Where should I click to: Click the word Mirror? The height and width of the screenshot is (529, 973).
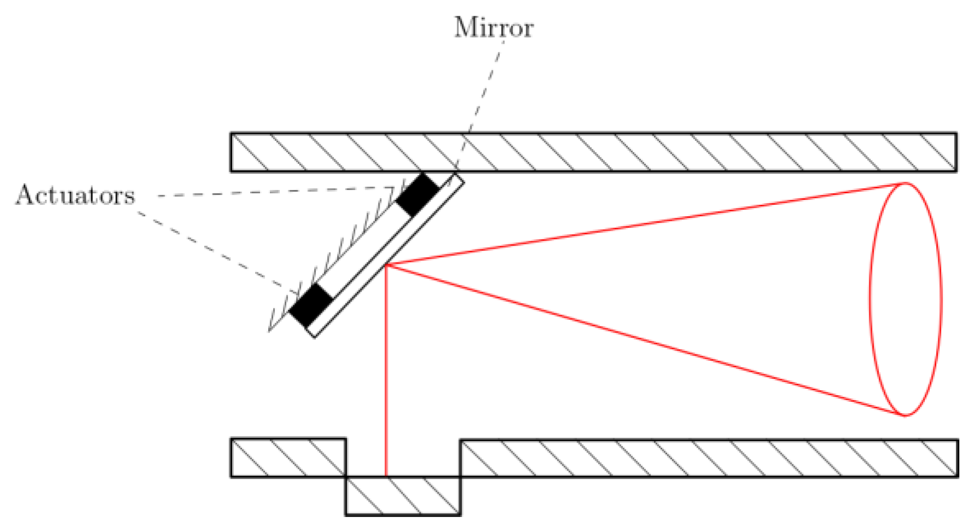(x=493, y=27)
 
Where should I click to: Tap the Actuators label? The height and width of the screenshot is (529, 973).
(x=75, y=195)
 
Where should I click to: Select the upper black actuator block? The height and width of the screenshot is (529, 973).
(x=418, y=194)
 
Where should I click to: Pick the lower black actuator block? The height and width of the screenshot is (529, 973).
(x=311, y=305)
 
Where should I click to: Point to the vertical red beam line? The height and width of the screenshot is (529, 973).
(x=386, y=371)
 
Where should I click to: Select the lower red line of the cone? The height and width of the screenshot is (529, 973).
(x=645, y=340)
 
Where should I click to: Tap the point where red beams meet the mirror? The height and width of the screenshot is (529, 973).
(x=387, y=265)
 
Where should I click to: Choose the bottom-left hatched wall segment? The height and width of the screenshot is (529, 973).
(x=288, y=457)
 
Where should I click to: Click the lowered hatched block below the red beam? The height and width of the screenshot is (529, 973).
(x=403, y=496)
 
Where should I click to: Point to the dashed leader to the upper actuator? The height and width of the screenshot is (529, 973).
(x=273, y=192)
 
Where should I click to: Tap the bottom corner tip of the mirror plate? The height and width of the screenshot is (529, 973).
(x=314, y=337)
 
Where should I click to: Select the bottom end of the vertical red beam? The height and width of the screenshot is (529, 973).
(x=386, y=475)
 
